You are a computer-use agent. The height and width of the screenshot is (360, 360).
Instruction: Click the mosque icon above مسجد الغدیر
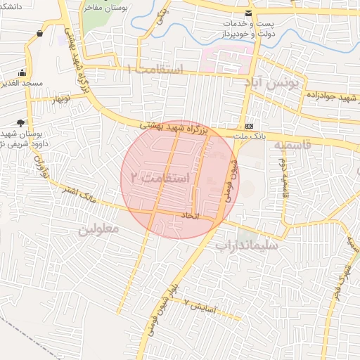point(22,72)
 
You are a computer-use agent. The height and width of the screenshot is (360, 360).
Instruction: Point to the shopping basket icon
point(39,33)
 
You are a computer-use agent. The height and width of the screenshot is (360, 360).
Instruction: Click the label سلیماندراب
point(247,246)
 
